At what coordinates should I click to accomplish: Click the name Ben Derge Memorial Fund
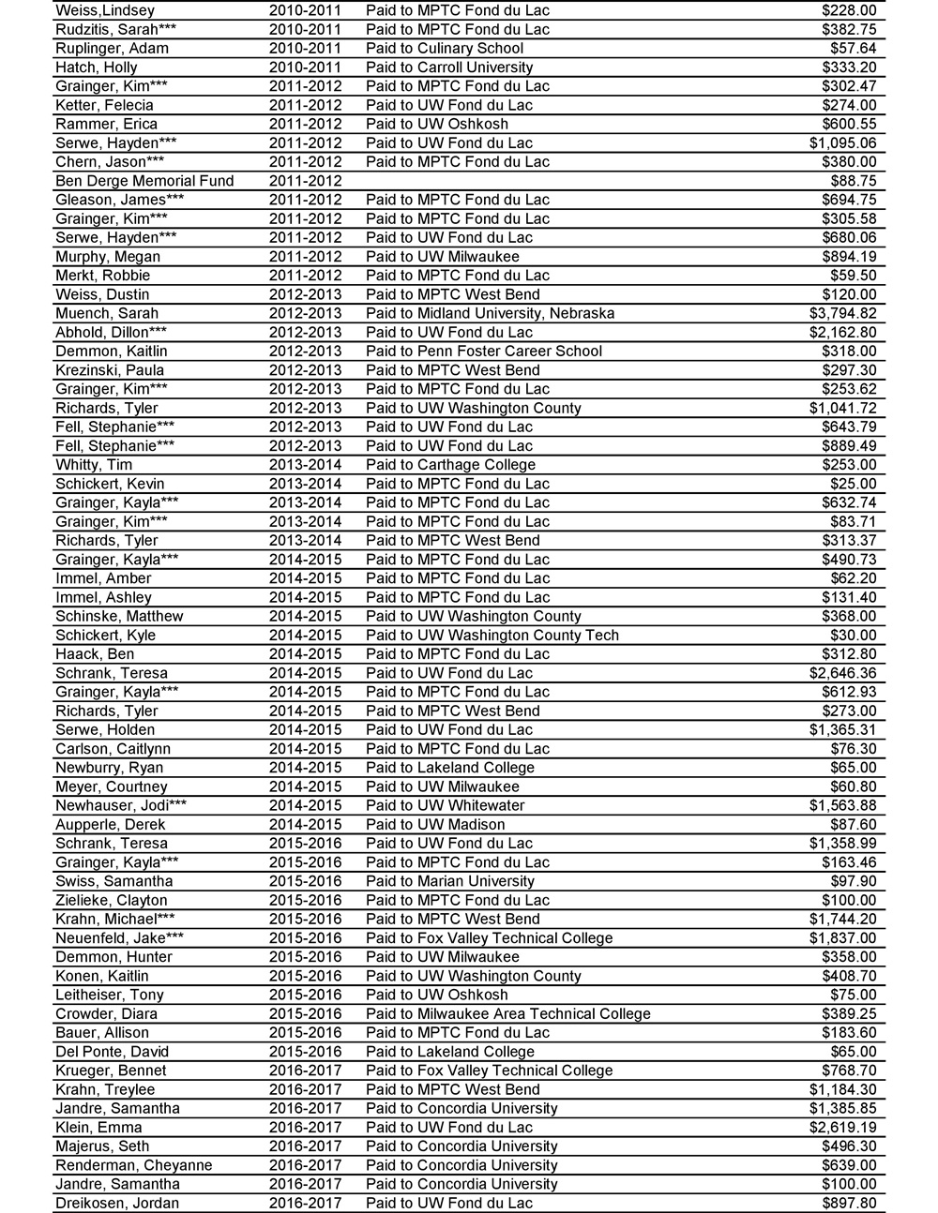(x=144, y=181)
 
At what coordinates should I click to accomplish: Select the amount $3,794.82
(x=842, y=313)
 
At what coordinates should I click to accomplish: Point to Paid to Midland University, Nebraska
(x=490, y=313)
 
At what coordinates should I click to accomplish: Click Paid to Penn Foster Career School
(x=484, y=351)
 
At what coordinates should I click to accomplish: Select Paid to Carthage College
(x=450, y=465)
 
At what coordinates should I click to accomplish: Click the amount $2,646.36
(x=842, y=673)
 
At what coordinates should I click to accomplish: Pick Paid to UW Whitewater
(x=445, y=805)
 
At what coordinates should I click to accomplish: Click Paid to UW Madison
(x=435, y=824)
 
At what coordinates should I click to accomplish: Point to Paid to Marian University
(x=450, y=881)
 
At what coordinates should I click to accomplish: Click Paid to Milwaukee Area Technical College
(x=507, y=1013)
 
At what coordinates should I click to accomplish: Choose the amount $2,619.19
(x=842, y=1127)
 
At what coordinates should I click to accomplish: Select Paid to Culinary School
(x=445, y=48)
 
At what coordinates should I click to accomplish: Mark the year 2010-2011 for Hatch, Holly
(x=305, y=67)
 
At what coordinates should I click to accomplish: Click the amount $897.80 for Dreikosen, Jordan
(x=849, y=1203)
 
